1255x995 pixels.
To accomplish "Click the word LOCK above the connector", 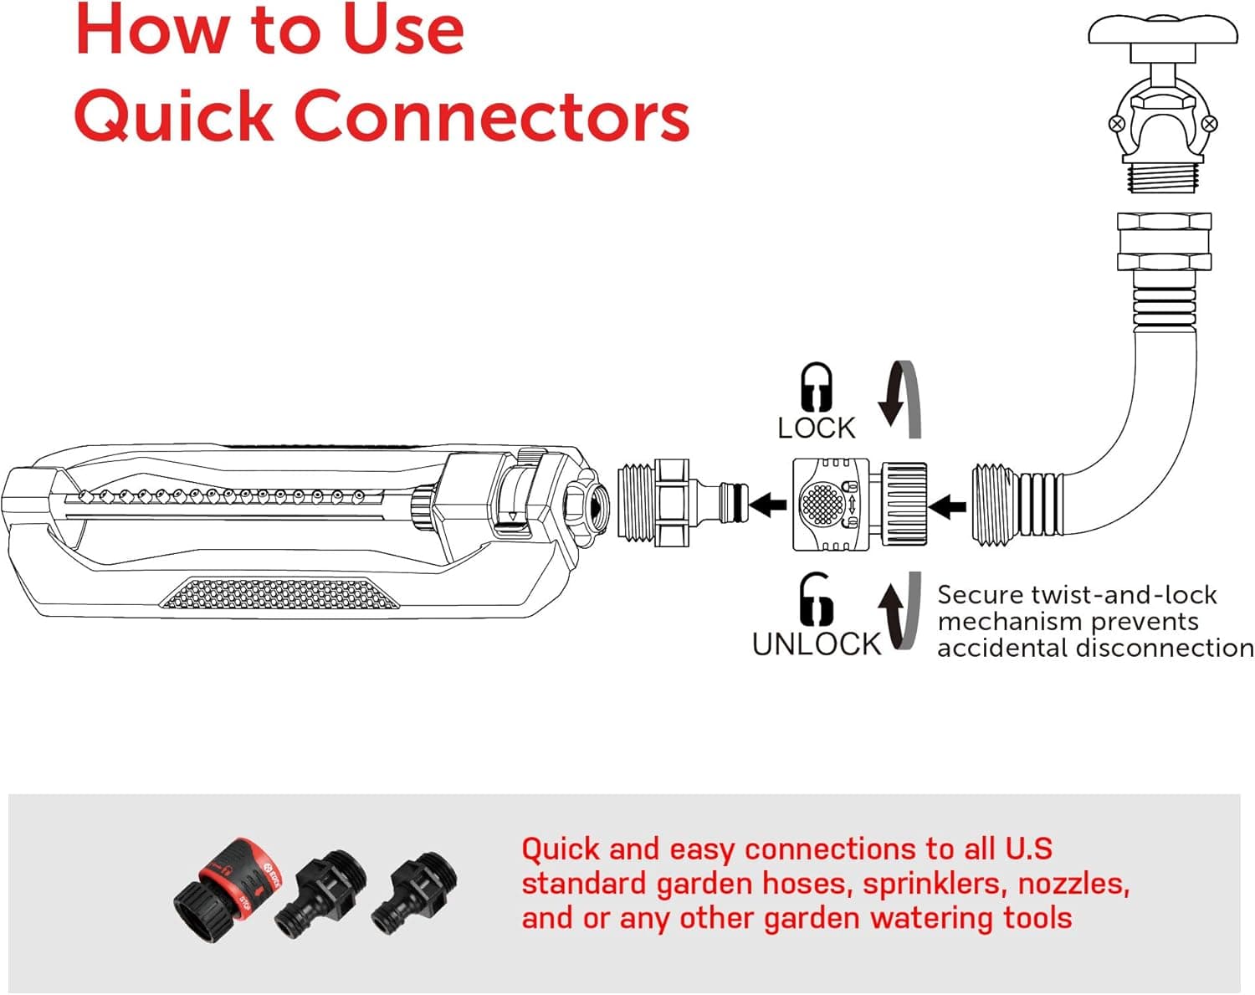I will pos(816,428).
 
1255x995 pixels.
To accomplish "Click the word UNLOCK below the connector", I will pos(817,644).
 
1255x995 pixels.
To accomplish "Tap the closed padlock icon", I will pos(816,387).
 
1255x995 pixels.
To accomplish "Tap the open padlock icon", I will pos(816,600).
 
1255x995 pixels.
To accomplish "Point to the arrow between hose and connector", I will pos(948,506).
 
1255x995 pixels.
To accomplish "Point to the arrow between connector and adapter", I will pos(768,505).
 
